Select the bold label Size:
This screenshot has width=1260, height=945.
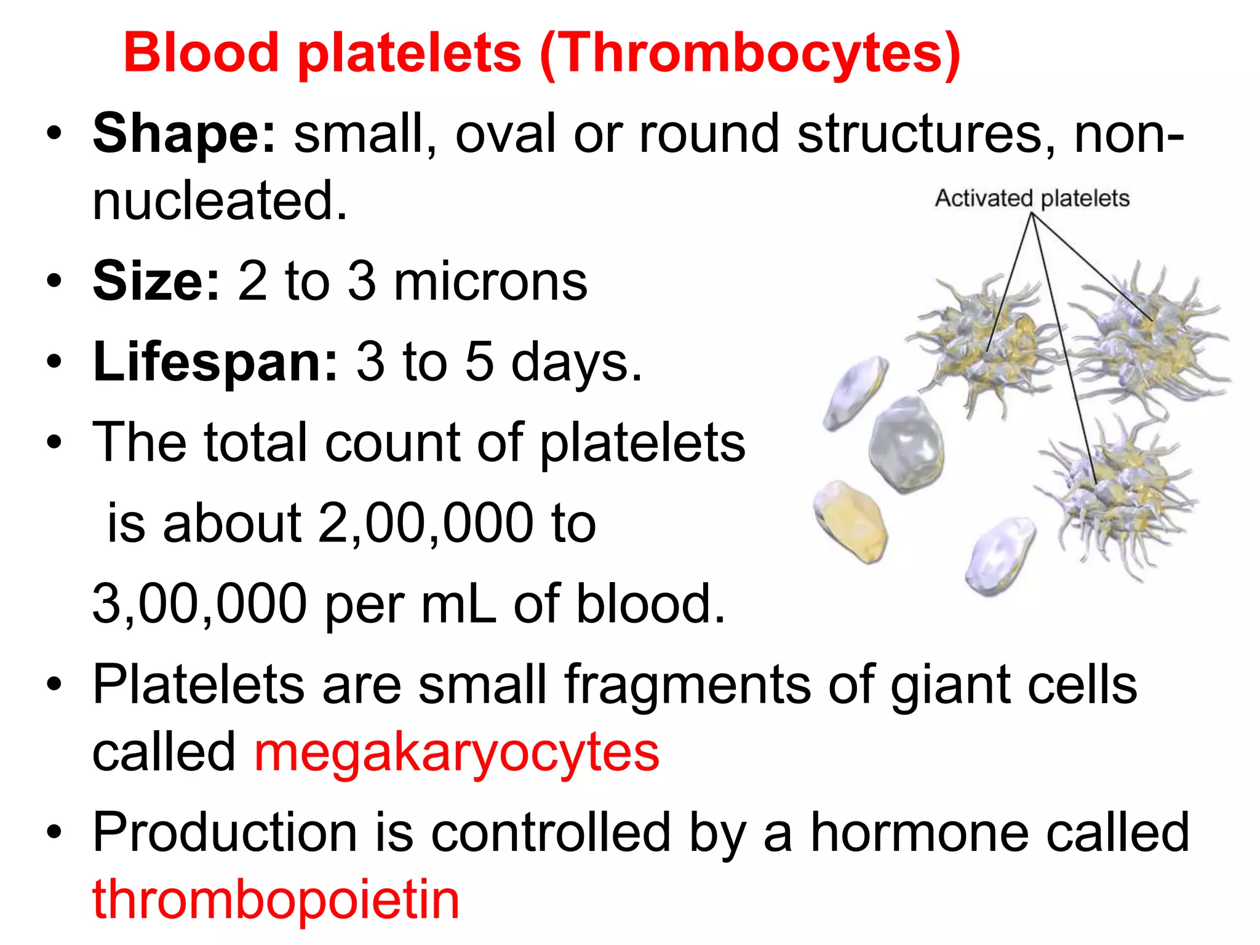[156, 281]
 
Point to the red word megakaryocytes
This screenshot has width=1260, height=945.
[457, 752]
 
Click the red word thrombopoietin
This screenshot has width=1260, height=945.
[276, 899]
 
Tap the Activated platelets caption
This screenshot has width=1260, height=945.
[1032, 199]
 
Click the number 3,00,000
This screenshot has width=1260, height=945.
[199, 604]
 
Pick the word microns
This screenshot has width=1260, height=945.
[490, 281]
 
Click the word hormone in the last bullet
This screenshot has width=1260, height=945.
[920, 832]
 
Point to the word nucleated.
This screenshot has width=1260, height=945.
[220, 201]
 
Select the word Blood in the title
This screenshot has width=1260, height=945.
[201, 53]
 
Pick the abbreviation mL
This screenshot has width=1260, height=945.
[458, 604]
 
